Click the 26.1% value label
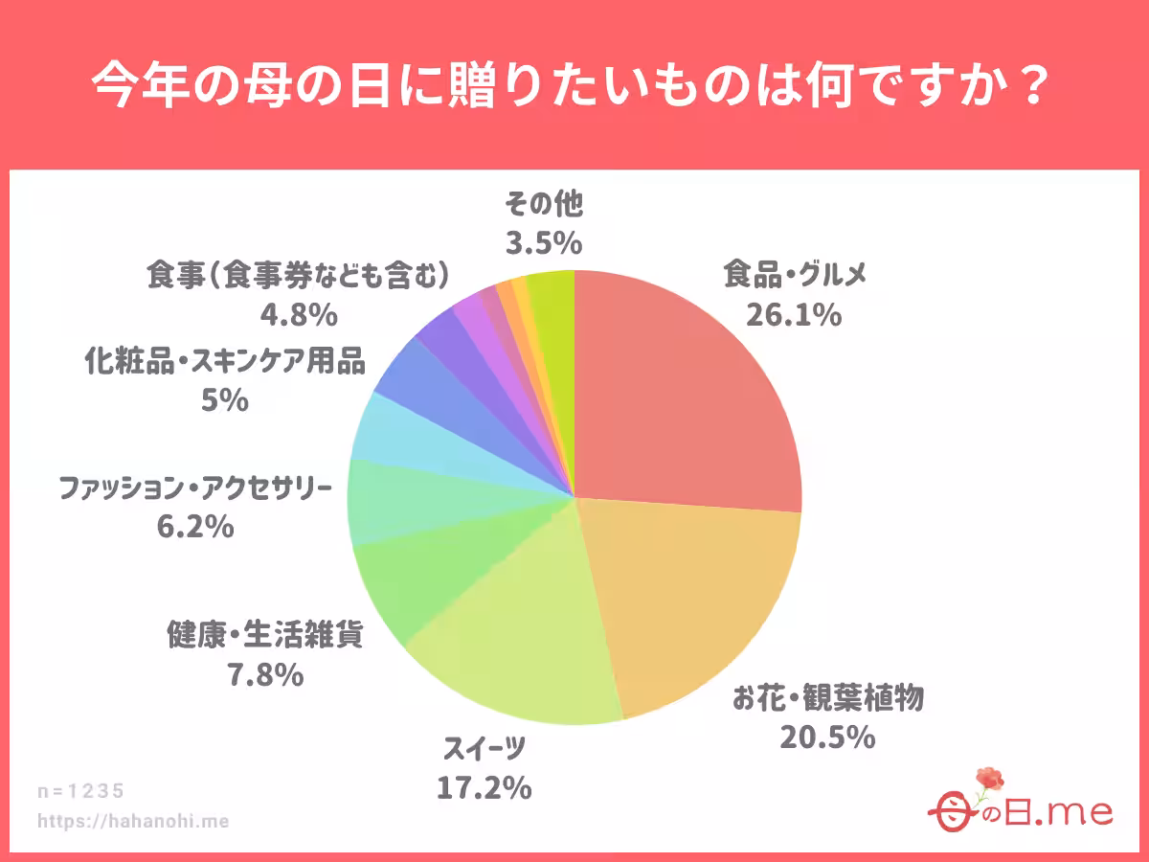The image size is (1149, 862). [794, 313]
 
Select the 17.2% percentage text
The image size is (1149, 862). [484, 787]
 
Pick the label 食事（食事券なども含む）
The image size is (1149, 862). [298, 276]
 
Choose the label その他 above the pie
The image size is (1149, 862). [543, 203]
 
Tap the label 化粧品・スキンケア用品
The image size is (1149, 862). [225, 362]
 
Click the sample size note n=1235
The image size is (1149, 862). [81, 791]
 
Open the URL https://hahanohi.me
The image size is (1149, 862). [133, 821]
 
